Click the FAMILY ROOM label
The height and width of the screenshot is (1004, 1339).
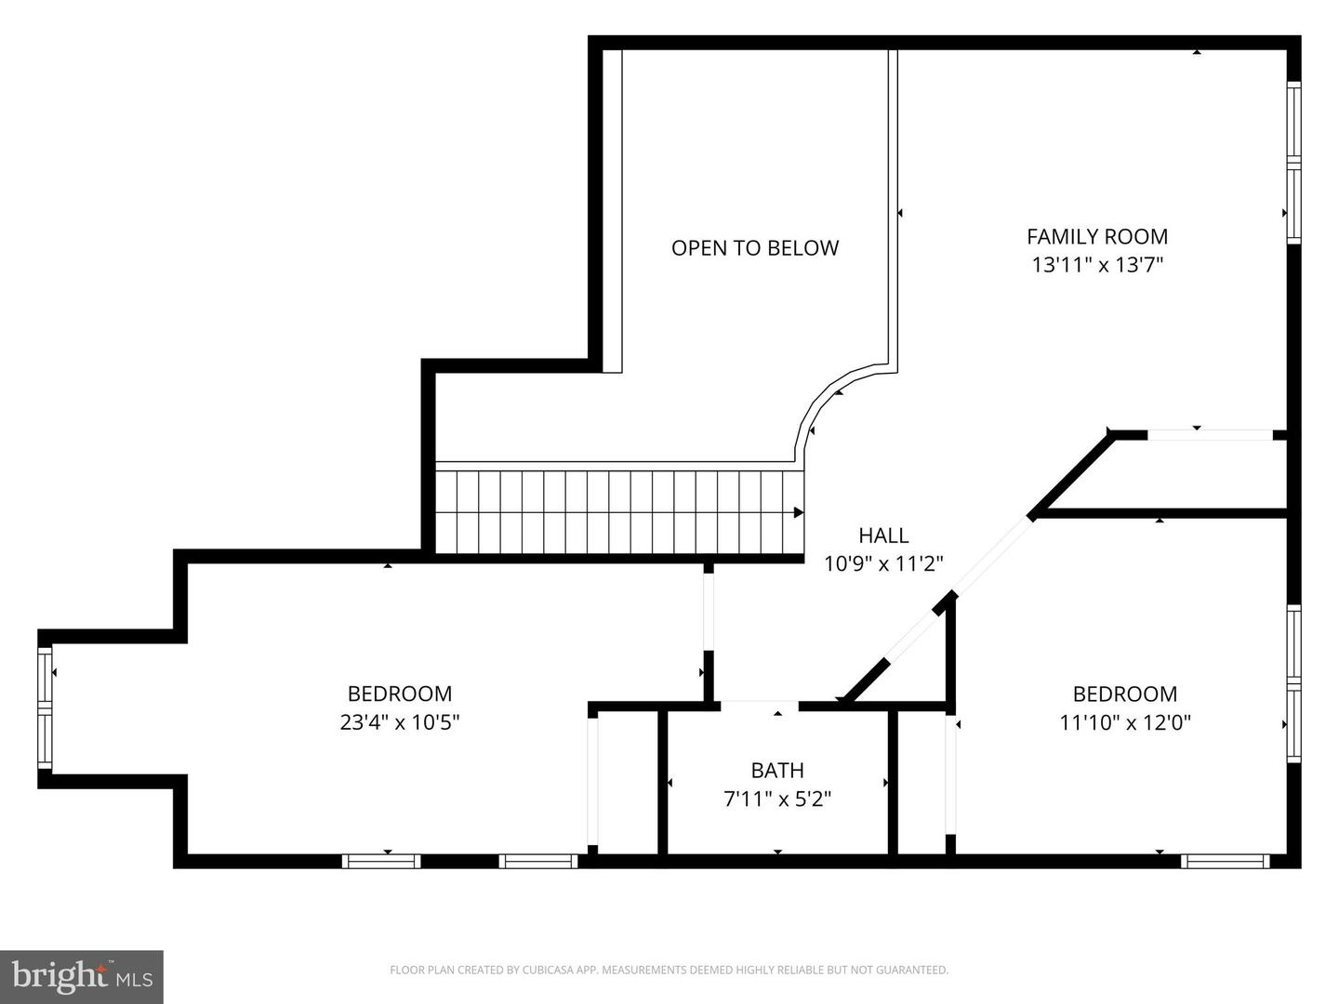pyautogui.click(x=1097, y=237)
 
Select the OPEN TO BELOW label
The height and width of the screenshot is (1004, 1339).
pyautogui.click(x=755, y=248)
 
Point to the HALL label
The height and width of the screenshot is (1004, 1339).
pyautogui.click(x=883, y=535)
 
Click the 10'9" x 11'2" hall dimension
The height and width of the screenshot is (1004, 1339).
pyautogui.click(x=883, y=563)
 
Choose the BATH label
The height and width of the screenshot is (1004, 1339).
pyautogui.click(x=777, y=771)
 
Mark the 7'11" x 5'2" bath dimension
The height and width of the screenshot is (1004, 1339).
pyautogui.click(x=777, y=799)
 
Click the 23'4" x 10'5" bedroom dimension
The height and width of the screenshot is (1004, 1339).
pyautogui.click(x=400, y=722)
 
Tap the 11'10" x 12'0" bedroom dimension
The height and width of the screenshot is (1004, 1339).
pyautogui.click(x=1125, y=722)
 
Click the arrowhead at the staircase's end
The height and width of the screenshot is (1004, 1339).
pyautogui.click(x=798, y=512)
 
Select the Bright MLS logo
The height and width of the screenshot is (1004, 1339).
pyautogui.click(x=82, y=976)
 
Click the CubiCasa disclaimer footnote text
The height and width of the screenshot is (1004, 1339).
pyautogui.click(x=669, y=971)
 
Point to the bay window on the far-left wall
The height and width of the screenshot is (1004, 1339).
pyautogui.click(x=45, y=708)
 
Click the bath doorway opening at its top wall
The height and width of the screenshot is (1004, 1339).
pyautogui.click(x=760, y=705)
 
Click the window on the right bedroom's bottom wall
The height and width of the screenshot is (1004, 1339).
pyautogui.click(x=1226, y=862)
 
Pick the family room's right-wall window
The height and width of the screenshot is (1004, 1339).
pyautogui.click(x=1293, y=163)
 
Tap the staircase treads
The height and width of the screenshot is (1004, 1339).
pyautogui.click(x=614, y=512)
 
